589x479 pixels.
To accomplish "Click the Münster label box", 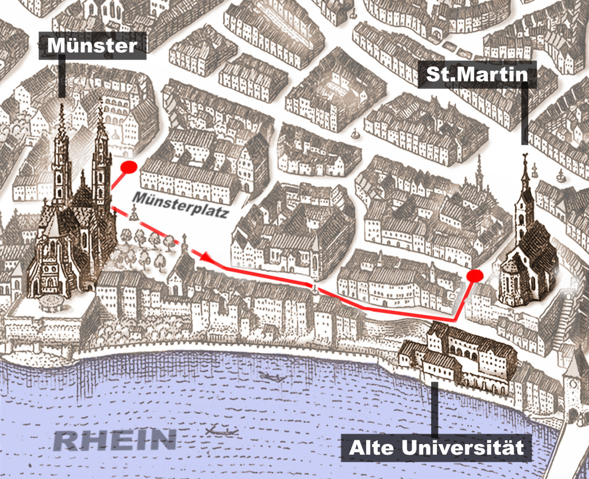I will [x=92, y=46].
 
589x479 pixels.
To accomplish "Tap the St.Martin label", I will [x=477, y=75].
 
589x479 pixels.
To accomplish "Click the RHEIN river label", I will [x=114, y=439].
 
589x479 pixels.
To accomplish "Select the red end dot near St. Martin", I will [x=474, y=275].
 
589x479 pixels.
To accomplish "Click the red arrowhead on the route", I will [x=206, y=257].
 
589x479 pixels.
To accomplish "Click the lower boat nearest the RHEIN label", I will [x=221, y=430].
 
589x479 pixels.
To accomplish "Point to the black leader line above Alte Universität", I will [x=435, y=409].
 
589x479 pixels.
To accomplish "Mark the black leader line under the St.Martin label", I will [x=524, y=115].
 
